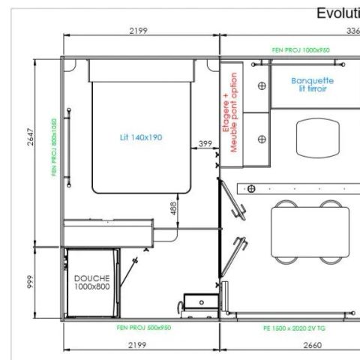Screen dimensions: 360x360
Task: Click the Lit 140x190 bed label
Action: coord(142,137)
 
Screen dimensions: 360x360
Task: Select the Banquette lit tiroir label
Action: coord(313,83)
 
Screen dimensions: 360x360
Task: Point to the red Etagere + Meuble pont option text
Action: coord(231,112)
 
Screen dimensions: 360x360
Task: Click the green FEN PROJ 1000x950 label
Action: coord(299,49)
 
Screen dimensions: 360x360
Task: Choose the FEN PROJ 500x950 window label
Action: coord(143,328)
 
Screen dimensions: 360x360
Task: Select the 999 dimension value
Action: coord(28,283)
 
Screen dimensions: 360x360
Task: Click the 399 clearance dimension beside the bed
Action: coord(205,143)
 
